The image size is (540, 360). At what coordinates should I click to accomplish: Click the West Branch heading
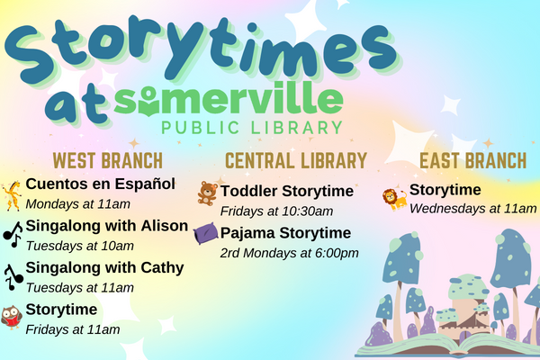tap(108, 161)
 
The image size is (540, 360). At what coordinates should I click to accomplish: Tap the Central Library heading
tap(296, 161)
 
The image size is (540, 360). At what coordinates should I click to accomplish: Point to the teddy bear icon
tap(207, 193)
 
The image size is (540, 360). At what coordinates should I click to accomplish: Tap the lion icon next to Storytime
tap(394, 198)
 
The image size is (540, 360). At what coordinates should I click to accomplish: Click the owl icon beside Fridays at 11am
tap(12, 318)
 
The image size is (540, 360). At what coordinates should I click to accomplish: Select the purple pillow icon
tap(206, 234)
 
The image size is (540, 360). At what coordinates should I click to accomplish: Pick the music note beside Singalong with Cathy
tap(12, 275)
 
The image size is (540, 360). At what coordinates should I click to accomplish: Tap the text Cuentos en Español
tap(100, 184)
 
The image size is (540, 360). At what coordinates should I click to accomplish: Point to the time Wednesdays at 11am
tap(472, 209)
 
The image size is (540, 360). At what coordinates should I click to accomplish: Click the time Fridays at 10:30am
tap(276, 211)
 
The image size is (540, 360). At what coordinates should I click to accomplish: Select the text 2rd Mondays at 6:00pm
tap(289, 252)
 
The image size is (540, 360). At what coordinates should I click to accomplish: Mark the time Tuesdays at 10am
tap(80, 246)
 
